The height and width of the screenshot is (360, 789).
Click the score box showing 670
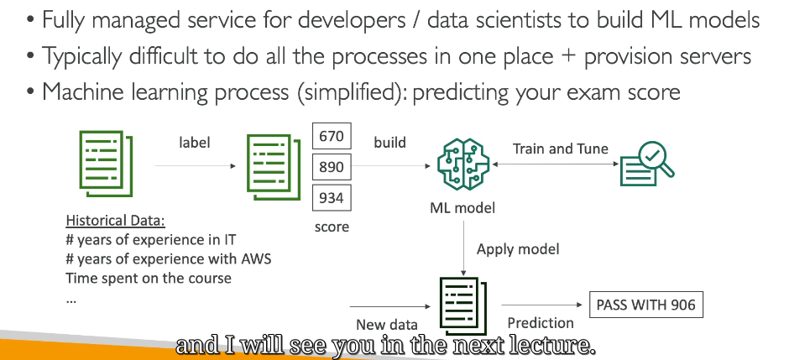point(332,136)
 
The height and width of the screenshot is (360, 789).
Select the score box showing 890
point(332,167)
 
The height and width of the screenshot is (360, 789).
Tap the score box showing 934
point(332,197)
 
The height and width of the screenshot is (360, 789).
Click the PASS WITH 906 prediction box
point(645,305)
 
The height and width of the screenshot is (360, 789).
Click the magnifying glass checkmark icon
point(647,164)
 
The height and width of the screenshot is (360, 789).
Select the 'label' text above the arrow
point(194,143)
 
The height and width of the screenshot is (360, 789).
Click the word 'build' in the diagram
point(389,143)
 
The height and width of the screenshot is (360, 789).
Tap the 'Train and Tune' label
point(561,149)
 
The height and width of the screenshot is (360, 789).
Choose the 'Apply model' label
point(518,249)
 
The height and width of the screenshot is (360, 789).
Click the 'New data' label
point(386,325)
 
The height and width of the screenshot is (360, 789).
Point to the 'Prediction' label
point(541,323)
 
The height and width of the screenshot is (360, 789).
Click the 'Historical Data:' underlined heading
point(116,220)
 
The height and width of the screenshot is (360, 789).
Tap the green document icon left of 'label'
point(106,164)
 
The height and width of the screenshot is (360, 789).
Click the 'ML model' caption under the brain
point(462,207)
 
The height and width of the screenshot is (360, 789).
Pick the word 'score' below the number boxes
point(332,227)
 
